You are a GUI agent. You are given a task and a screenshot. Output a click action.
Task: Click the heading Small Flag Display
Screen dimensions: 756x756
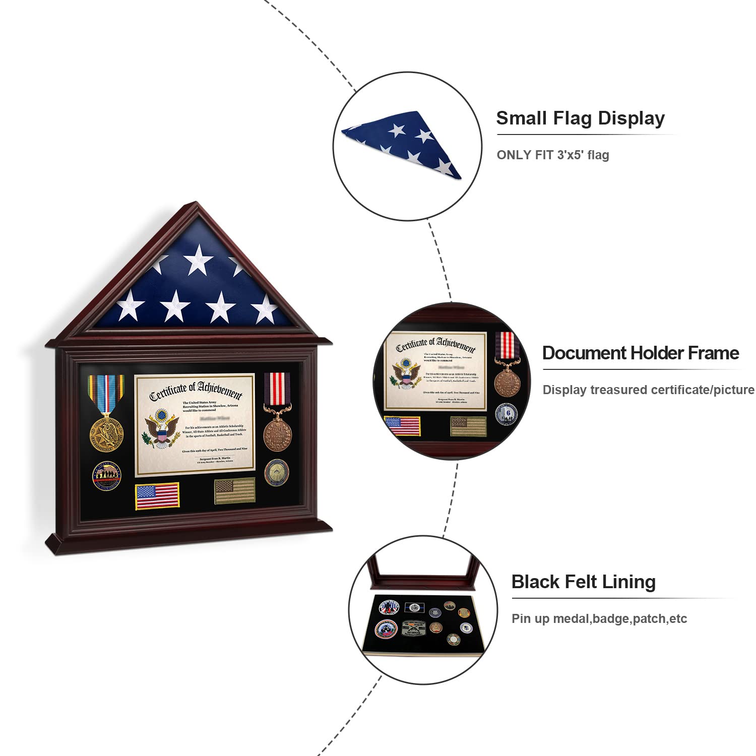580,118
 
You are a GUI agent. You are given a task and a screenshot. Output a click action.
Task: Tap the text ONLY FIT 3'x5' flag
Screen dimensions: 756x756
552,155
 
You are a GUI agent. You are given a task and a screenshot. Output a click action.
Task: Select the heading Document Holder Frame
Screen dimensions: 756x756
640,353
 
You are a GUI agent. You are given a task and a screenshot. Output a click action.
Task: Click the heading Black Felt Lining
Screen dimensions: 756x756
583,582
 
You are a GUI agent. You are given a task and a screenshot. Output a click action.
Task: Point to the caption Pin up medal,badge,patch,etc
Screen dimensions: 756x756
599,619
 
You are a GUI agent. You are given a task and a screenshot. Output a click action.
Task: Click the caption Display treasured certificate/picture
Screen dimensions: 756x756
648,390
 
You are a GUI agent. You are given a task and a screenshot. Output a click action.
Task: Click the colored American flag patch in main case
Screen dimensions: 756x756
157,496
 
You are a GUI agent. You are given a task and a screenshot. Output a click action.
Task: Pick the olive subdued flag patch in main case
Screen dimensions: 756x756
234,491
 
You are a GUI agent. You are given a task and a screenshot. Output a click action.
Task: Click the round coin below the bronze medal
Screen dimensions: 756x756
277,473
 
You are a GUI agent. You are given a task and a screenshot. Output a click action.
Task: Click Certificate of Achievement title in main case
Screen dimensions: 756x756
196,391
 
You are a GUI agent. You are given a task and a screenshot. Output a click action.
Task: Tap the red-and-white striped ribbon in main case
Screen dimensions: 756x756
277,391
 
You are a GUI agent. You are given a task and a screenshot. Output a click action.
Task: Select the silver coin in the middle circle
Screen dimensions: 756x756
506,414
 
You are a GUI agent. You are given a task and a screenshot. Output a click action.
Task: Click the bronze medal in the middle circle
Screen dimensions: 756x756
507,384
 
